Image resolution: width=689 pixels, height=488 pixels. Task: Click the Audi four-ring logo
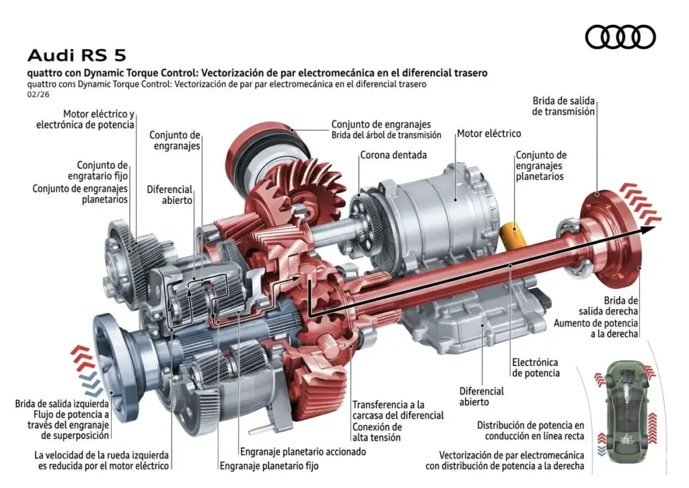[620, 36]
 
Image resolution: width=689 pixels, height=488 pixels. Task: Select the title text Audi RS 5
[76, 55]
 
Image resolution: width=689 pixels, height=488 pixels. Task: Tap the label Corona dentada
[393, 155]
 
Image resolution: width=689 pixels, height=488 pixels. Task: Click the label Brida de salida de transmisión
[563, 106]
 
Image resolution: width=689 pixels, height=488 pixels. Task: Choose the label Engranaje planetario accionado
[303, 452]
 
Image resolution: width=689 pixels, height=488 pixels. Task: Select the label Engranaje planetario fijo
[268, 466]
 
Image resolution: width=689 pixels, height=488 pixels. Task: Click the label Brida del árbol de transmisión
[386, 135]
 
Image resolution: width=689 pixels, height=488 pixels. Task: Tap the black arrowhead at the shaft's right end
[647, 230]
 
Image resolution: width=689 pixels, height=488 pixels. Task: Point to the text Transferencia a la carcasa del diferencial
[398, 410]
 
